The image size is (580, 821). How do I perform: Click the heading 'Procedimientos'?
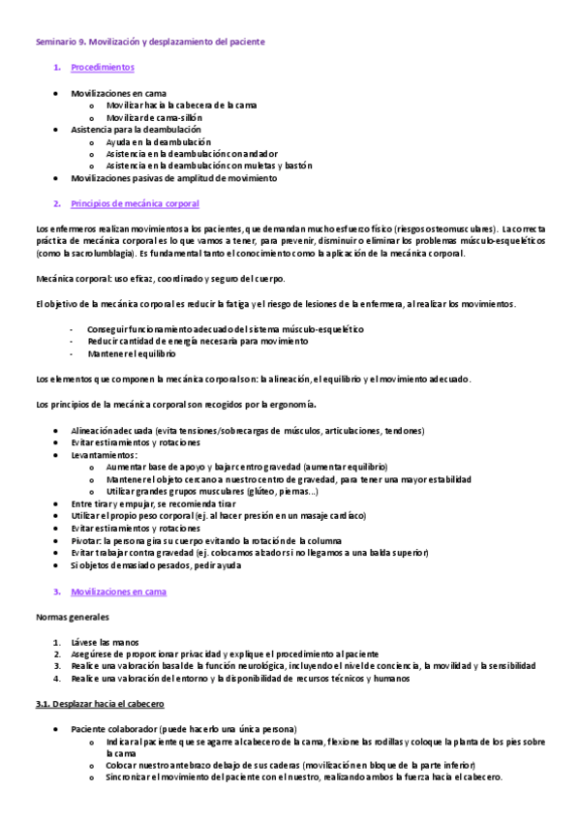[103, 68]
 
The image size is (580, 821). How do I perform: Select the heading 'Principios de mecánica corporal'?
[136, 203]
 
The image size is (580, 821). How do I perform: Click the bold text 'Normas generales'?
[73, 616]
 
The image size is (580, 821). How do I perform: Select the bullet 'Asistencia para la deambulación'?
[136, 129]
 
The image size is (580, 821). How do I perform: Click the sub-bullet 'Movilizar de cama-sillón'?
[155, 117]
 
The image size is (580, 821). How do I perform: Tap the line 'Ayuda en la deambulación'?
[158, 141]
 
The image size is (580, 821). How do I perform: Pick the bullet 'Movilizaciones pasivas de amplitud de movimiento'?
[173, 178]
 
